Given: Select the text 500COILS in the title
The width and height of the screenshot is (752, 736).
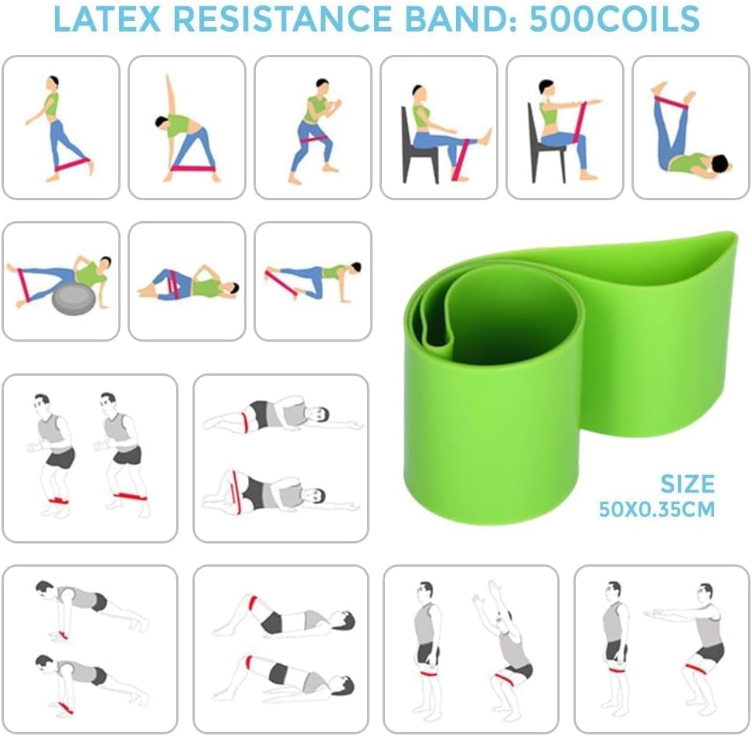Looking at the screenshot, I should tap(614, 19).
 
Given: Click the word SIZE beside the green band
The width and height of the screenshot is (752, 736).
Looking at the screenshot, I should tap(687, 485).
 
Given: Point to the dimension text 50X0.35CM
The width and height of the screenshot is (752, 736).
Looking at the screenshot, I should tap(657, 509).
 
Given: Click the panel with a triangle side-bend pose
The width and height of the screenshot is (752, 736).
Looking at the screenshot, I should tap(186, 128).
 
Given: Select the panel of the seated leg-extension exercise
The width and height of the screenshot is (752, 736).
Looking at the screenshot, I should tap(438, 128).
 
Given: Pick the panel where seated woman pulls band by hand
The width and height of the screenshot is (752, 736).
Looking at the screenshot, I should tap(564, 128).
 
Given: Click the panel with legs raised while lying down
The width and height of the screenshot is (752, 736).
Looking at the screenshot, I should tap(690, 128).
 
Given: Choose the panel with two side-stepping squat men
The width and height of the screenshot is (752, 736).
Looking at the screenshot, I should tap(90, 458).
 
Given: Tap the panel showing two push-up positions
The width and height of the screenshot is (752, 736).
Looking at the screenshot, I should tap(90, 649).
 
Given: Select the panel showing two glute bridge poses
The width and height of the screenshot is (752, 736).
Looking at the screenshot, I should tap(281, 649).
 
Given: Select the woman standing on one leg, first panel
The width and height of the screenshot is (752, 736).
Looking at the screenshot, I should tap(58, 128).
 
